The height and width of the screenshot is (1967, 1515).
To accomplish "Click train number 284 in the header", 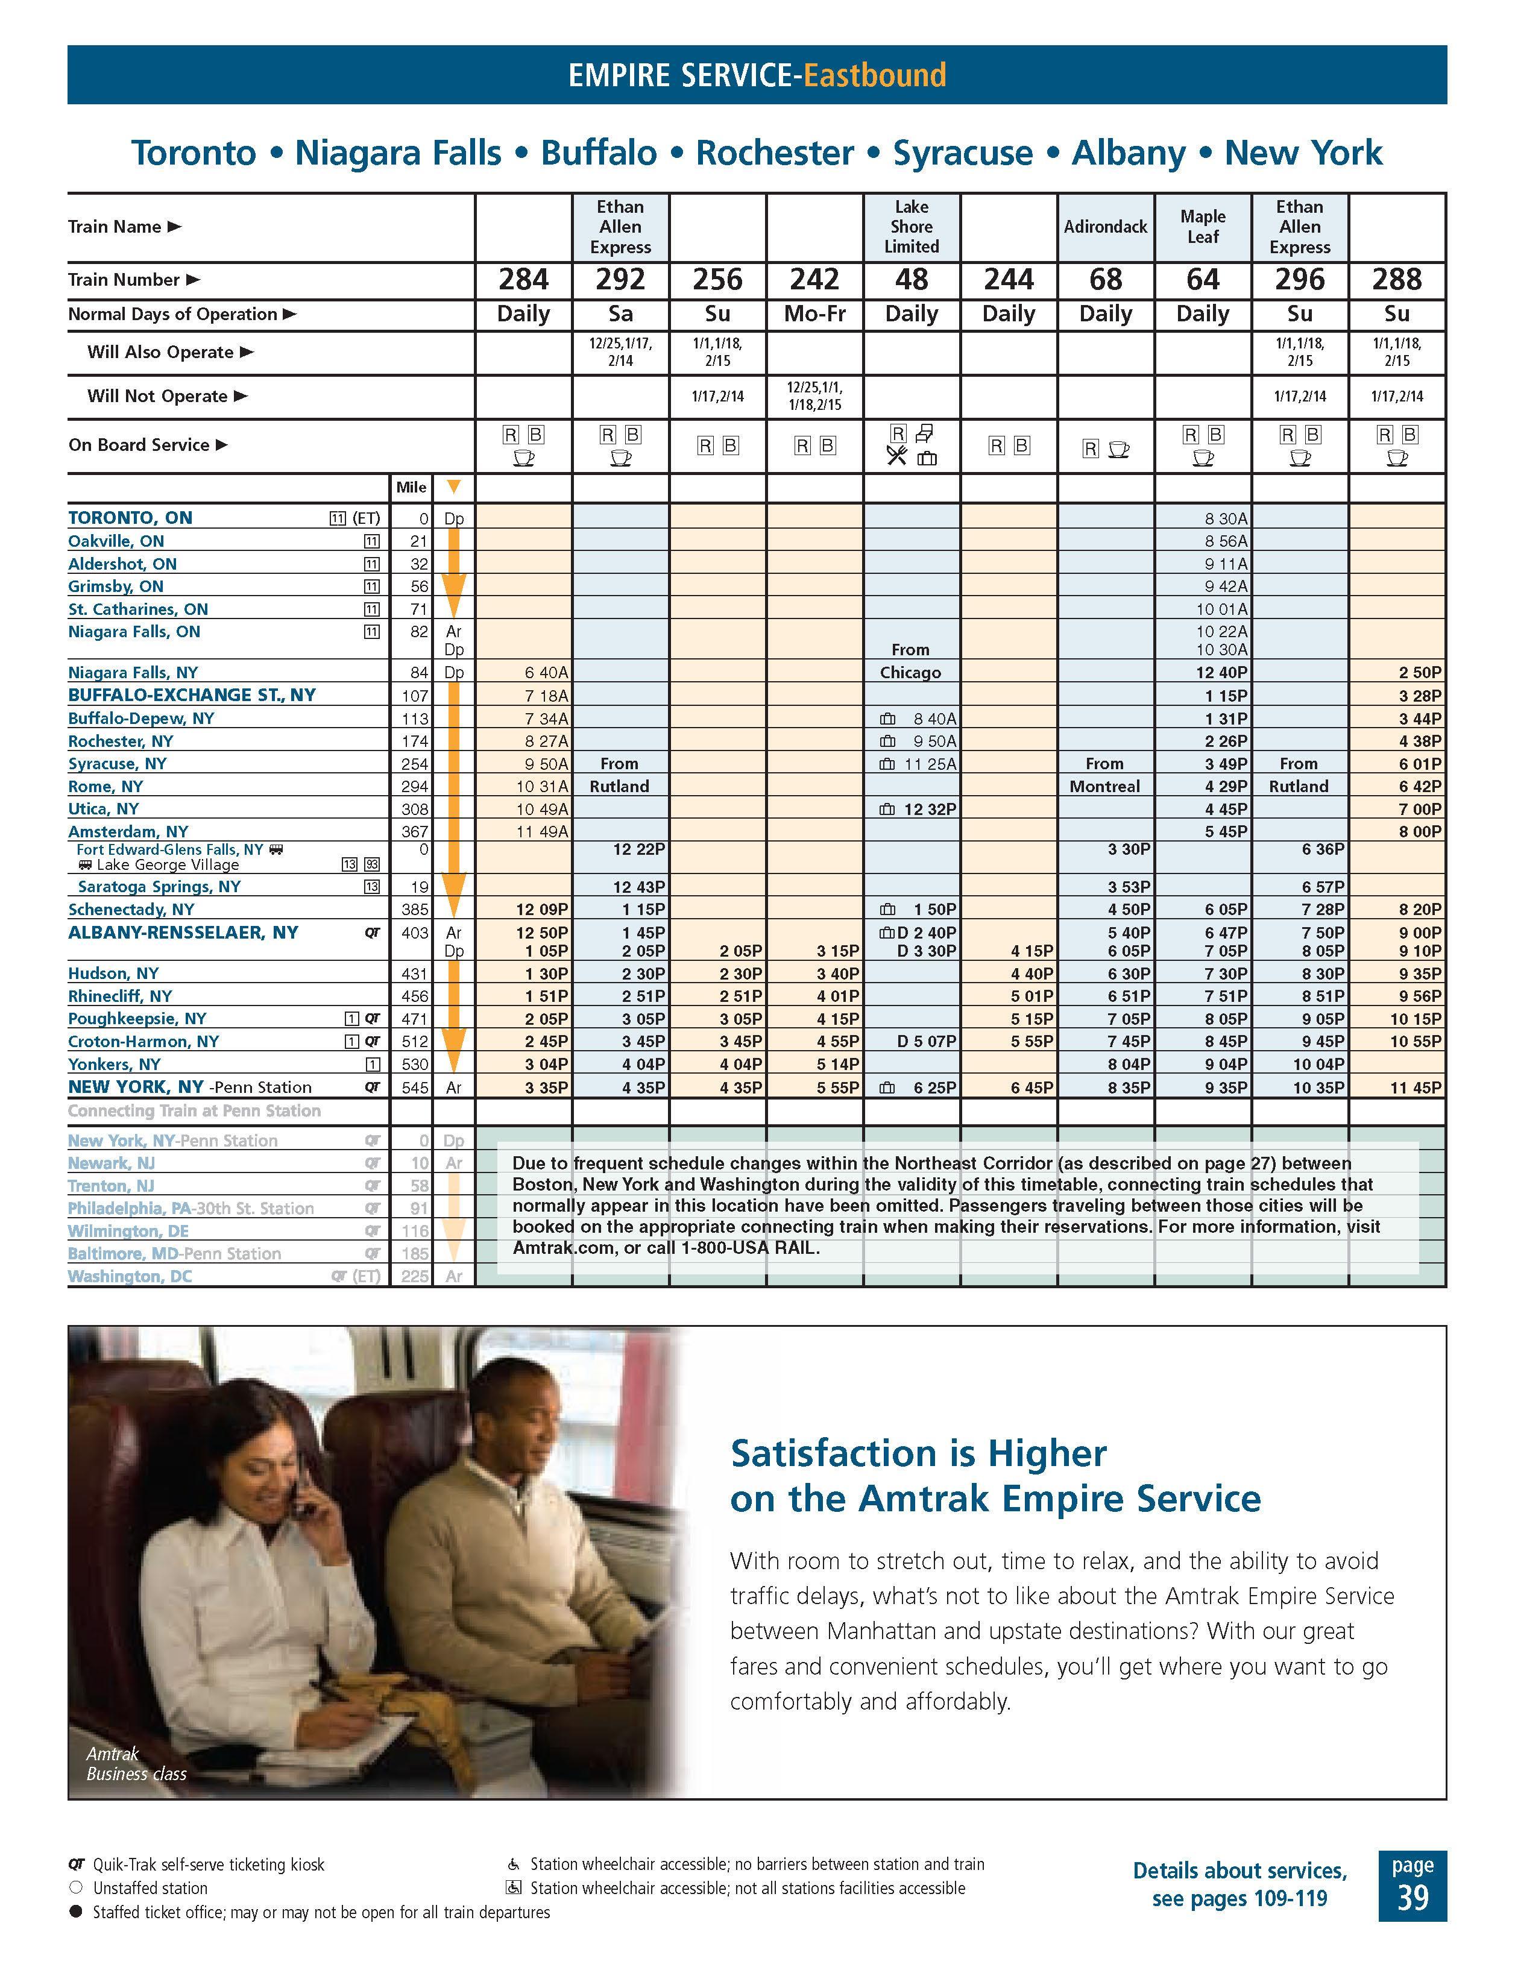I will click(523, 280).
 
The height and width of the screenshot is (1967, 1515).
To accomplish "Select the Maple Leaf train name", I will click(1203, 227).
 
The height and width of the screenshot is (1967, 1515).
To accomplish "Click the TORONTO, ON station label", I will click(131, 518).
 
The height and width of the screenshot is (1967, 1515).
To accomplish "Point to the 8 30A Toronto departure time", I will click(1226, 519).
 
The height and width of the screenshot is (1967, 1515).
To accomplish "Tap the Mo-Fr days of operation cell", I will click(814, 314).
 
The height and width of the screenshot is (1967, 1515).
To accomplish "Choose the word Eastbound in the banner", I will click(875, 75).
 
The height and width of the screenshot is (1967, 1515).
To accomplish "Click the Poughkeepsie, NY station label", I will click(137, 1019).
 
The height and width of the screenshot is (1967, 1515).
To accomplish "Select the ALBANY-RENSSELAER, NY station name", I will click(183, 933).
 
